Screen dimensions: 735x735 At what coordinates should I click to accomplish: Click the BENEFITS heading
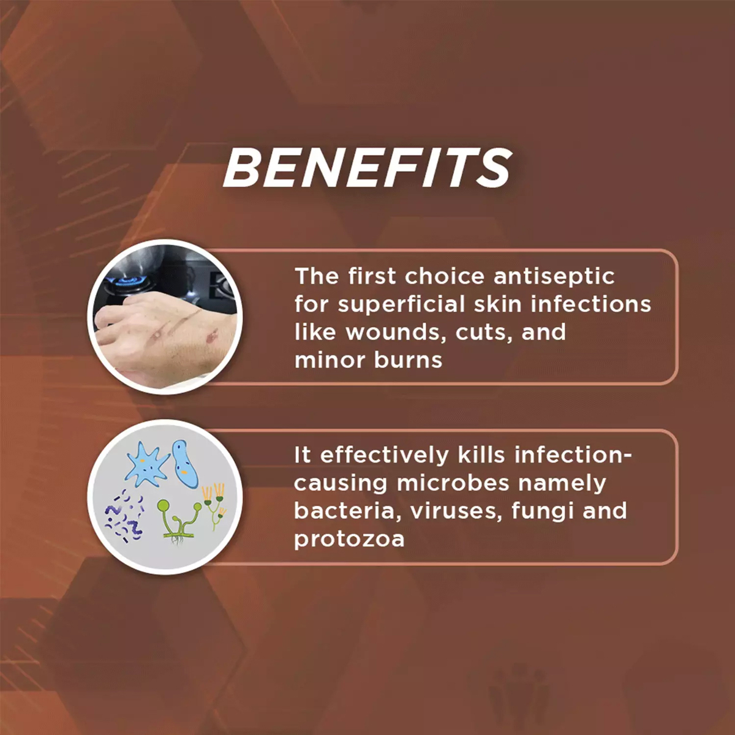[367, 168]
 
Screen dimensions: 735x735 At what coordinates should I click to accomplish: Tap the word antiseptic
[554, 277]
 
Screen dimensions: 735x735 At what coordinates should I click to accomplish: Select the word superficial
[402, 305]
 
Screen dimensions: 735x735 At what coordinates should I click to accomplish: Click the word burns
[408, 360]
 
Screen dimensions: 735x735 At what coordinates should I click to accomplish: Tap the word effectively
[385, 455]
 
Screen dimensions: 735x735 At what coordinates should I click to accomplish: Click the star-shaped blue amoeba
[147, 464]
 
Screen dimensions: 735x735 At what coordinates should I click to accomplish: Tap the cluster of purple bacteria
[125, 516]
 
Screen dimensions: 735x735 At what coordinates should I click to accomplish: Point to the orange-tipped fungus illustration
[215, 506]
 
